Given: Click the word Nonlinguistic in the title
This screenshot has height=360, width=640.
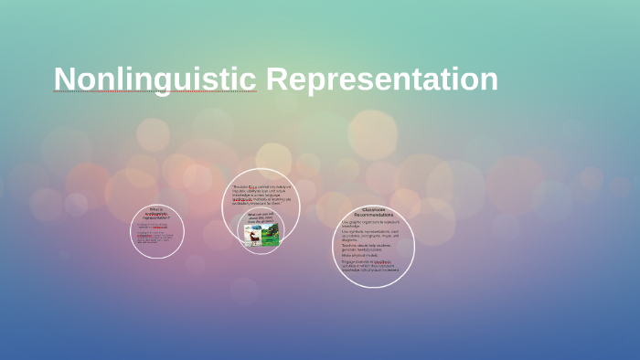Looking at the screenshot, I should point(155,79).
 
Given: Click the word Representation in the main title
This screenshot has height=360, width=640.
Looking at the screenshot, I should point(381,79).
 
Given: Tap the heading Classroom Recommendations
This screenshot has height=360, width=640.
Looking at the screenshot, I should point(373,212).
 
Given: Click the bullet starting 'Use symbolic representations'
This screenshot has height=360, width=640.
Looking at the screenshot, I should point(373,235).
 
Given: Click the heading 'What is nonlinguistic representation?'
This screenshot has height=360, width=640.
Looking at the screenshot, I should point(156,216).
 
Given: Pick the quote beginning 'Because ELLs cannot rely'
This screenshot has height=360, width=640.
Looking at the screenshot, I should point(262,194).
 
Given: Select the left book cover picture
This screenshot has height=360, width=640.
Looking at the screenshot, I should point(251,235).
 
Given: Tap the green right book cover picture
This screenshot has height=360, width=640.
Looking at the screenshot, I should point(270,236).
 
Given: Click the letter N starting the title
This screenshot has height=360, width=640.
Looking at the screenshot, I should point(63,79).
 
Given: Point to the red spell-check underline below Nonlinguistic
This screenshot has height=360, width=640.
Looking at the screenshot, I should point(155,93).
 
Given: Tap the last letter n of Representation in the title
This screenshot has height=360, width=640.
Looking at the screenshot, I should point(489,80).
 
